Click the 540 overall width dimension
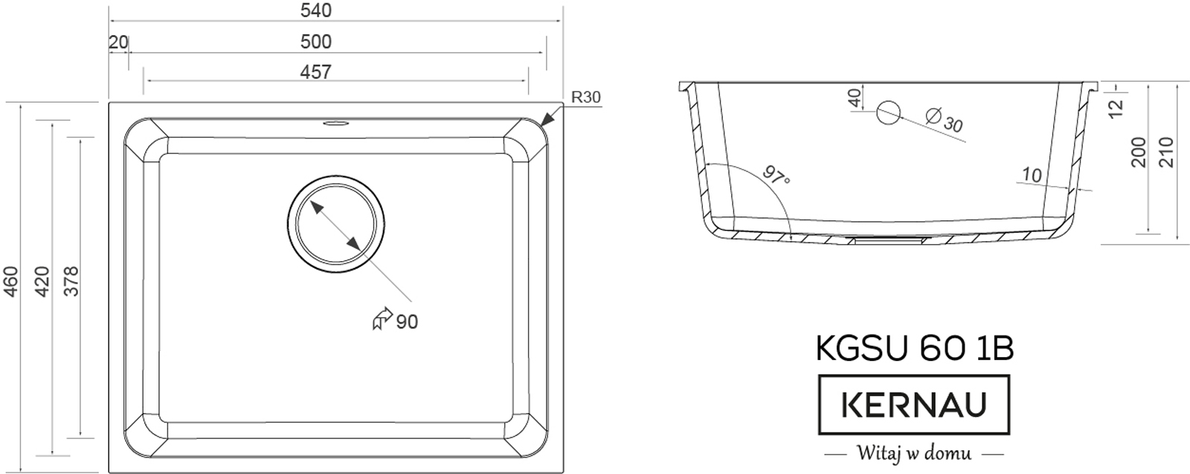[x=315, y=10]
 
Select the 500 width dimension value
[x=315, y=42]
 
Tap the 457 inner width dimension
[x=315, y=71]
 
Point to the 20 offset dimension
[x=118, y=42]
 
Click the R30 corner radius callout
[x=585, y=97]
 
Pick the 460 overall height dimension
[x=10, y=281]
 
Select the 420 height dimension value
[x=42, y=281]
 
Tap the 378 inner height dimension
[x=71, y=281]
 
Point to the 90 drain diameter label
[x=407, y=321]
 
